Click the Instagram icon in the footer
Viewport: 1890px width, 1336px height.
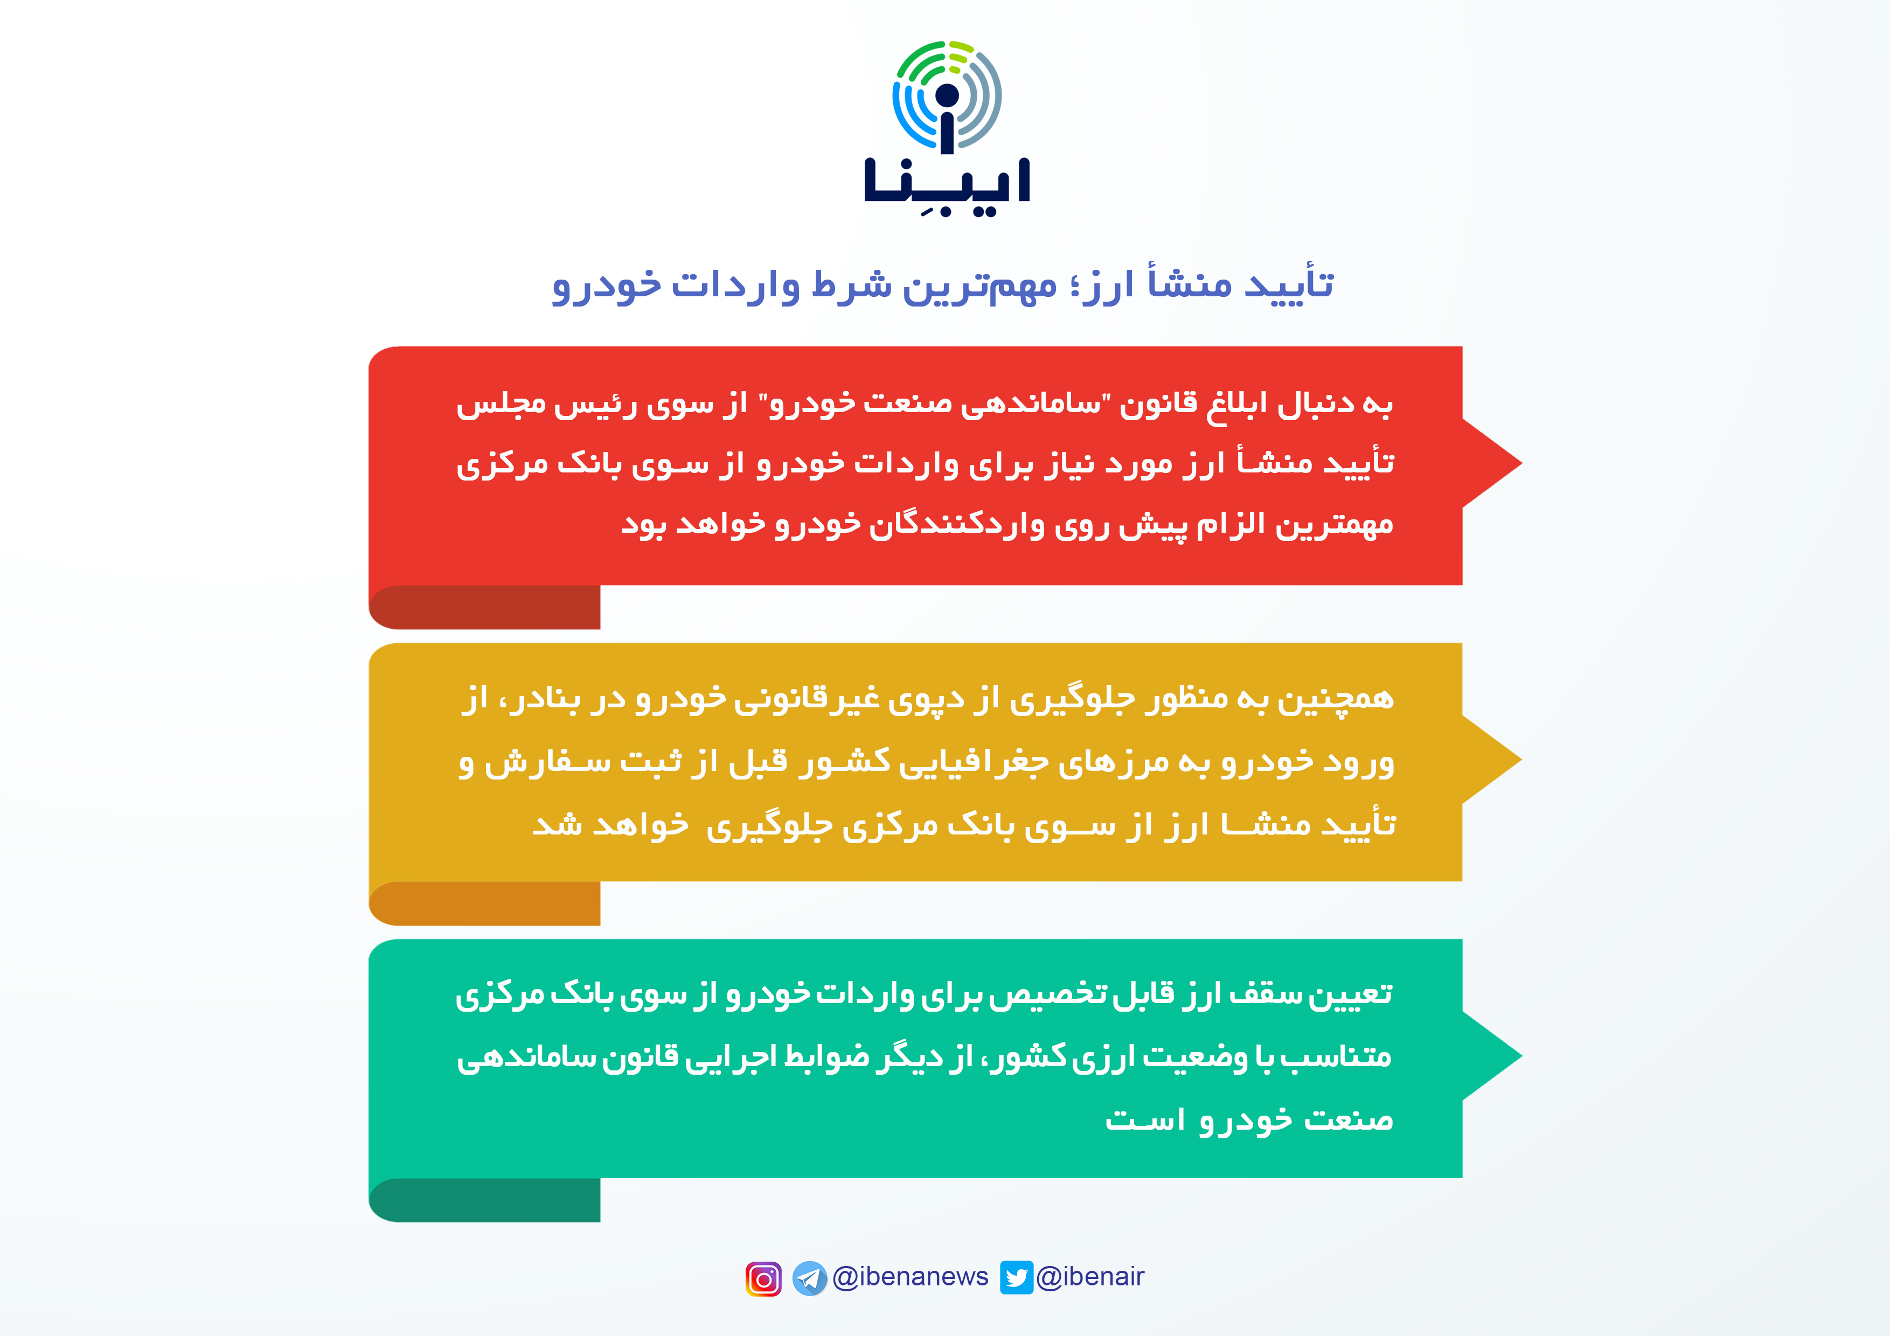pos(763,1278)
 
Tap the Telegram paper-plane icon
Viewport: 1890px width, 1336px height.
pos(810,1278)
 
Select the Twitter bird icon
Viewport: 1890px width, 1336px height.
pos(1017,1278)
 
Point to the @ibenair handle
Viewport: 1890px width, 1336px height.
pos(1090,1277)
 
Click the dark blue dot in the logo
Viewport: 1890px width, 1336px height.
pos(948,95)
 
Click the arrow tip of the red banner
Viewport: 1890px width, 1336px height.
pos(1521,463)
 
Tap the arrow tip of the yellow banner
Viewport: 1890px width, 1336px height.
pos(1521,760)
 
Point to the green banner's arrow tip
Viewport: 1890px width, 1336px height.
pos(1521,1056)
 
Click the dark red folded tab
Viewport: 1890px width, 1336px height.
pos(485,608)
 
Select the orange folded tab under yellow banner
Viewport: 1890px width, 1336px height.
pos(485,904)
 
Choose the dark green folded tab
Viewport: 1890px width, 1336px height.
pos(485,1200)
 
